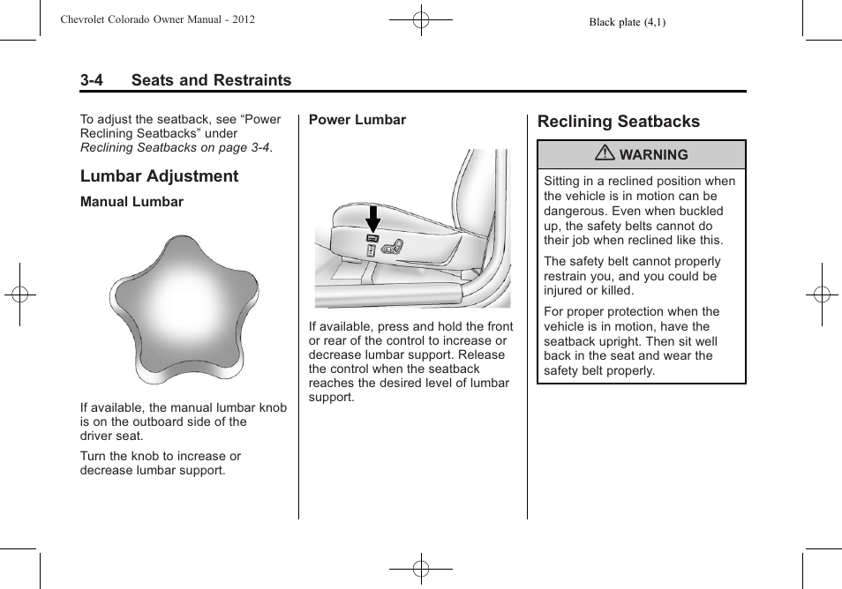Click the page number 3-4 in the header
(92, 80)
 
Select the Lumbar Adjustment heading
(159, 176)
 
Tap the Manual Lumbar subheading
(132, 202)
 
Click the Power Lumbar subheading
(357, 120)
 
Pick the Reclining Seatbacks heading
(618, 122)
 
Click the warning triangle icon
(605, 154)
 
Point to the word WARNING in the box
(653, 155)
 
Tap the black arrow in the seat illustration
(373, 218)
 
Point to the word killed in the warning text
(615, 291)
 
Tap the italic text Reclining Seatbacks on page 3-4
(175, 148)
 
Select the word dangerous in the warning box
(575, 211)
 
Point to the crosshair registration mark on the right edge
(821, 294)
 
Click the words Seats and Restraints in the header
(211, 80)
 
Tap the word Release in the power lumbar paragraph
(481, 355)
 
